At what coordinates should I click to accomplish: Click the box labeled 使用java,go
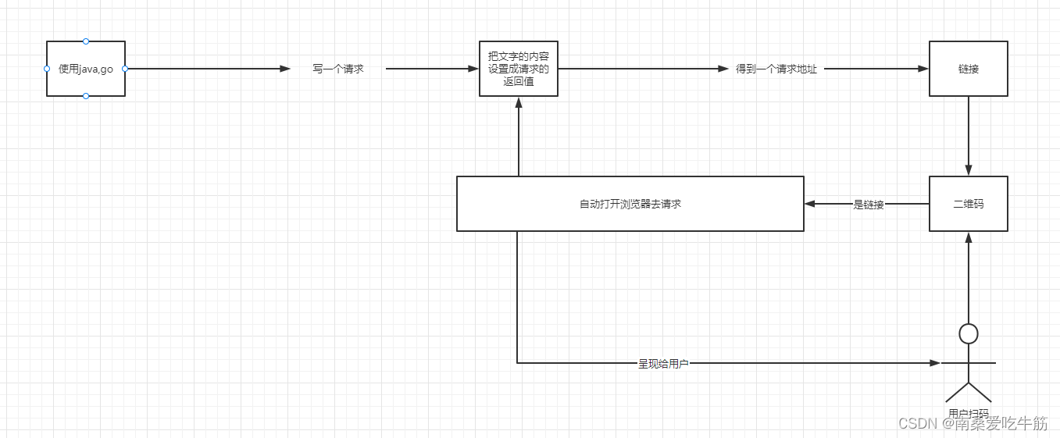[x=86, y=69]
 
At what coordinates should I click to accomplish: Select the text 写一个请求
[x=338, y=69]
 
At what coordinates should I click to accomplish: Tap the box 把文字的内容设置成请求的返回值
[x=519, y=69]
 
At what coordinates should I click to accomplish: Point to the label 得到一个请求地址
[x=776, y=69]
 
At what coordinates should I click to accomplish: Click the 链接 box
[x=969, y=69]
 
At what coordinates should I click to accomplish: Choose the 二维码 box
[x=969, y=204]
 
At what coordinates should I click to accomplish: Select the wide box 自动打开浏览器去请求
[x=630, y=204]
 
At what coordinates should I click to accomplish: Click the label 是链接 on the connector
[x=869, y=205]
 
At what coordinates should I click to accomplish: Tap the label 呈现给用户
[x=663, y=364]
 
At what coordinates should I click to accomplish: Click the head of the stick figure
[x=969, y=334]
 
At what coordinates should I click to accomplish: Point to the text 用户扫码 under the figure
[x=969, y=414]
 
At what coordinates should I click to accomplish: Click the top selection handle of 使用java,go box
[x=86, y=41]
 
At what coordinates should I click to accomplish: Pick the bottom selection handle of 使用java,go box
[x=86, y=96]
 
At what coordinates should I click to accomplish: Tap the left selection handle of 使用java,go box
[x=47, y=69]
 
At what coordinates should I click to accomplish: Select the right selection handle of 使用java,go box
[x=125, y=69]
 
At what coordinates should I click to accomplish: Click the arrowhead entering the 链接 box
[x=923, y=69]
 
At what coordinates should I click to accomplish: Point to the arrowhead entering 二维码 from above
[x=969, y=170]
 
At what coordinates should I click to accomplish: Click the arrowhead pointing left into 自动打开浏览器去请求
[x=810, y=204]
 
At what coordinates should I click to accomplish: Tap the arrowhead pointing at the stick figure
[x=935, y=363]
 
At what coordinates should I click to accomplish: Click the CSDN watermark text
[x=973, y=423]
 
